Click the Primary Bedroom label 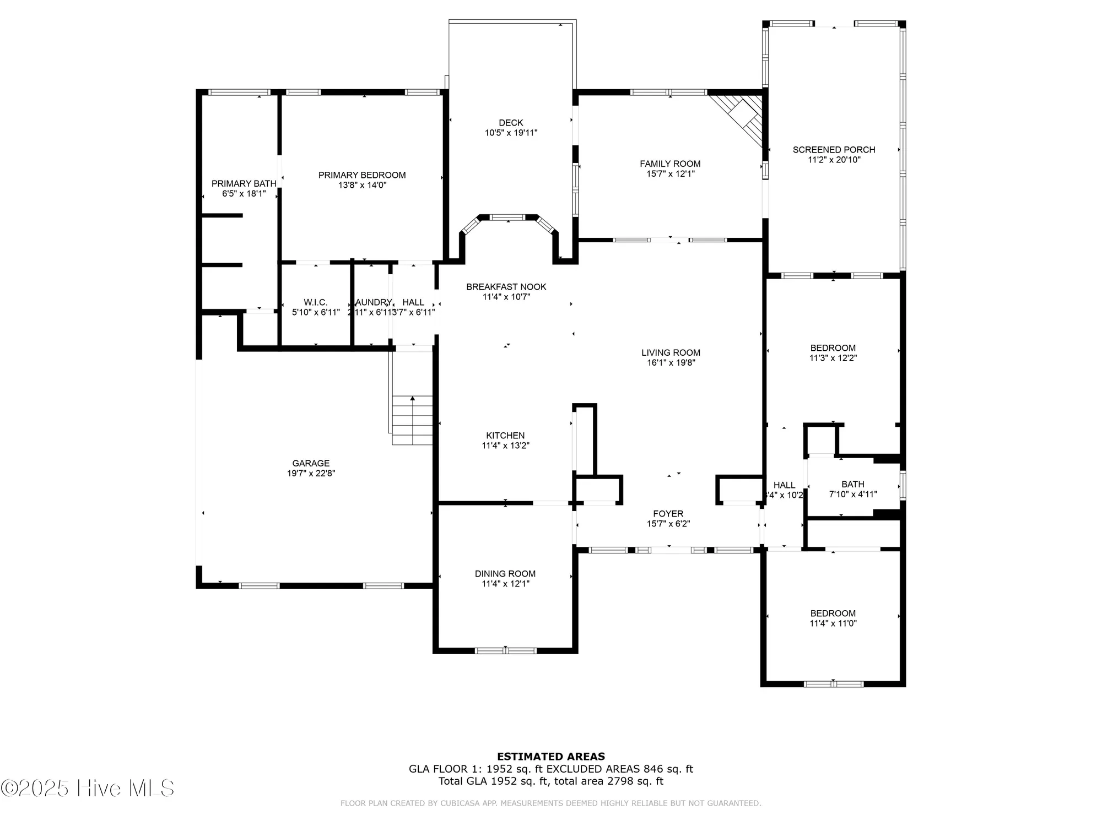(x=362, y=175)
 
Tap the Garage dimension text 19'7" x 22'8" (x=311, y=473)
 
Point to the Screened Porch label (x=834, y=150)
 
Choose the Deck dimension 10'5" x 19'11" (x=511, y=133)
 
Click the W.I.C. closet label (x=315, y=302)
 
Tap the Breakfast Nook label (x=506, y=287)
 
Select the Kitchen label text (x=505, y=436)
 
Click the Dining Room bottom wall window (x=505, y=650)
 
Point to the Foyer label (x=668, y=514)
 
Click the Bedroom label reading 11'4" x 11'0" (x=833, y=613)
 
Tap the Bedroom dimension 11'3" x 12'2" (x=833, y=358)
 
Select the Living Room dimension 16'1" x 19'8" (x=671, y=363)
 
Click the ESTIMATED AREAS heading (x=550, y=757)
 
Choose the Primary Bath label (x=244, y=184)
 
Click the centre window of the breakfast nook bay (x=507, y=218)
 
